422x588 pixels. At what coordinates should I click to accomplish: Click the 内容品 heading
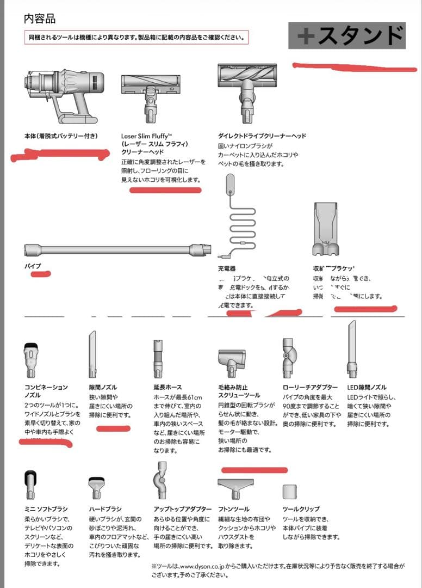(x=40, y=19)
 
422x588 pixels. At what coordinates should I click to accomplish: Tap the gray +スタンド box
(x=347, y=36)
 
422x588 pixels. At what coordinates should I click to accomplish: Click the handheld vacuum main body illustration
(x=64, y=96)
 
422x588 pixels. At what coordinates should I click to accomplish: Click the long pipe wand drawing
(x=117, y=250)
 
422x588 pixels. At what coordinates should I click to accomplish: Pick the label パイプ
(x=33, y=266)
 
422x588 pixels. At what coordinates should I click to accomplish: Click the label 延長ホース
(x=167, y=387)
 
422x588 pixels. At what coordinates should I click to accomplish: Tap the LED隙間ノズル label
(x=367, y=387)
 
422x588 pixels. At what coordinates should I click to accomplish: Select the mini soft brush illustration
(x=30, y=483)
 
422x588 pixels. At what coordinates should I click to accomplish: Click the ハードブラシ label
(x=105, y=509)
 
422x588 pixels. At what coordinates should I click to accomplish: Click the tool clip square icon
(x=290, y=491)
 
